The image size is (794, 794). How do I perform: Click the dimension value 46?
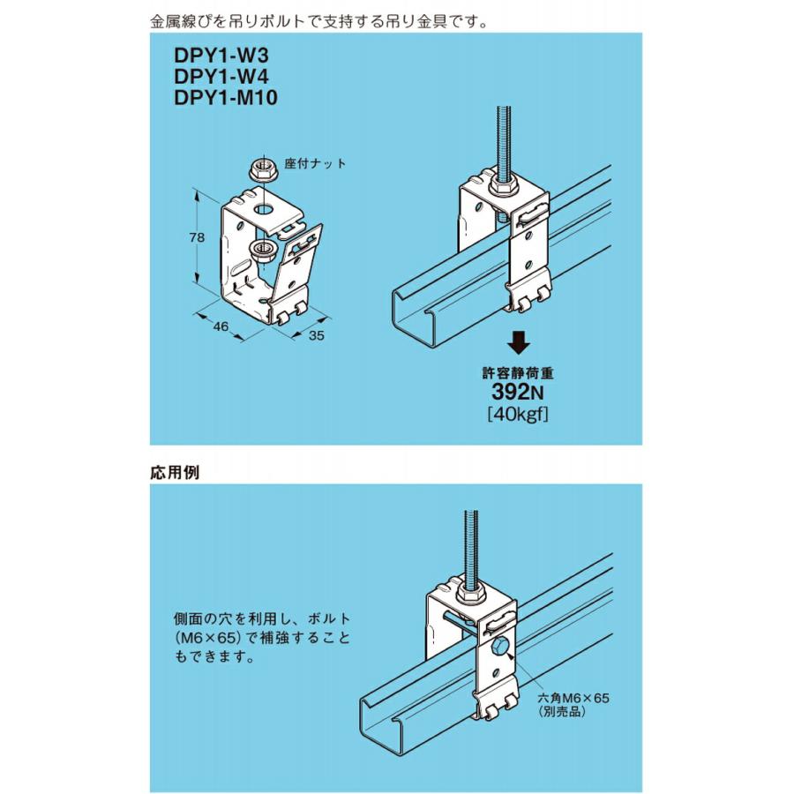pos(221,326)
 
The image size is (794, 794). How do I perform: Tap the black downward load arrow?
pos(521,341)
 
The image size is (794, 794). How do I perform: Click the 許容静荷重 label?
pos(520,373)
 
